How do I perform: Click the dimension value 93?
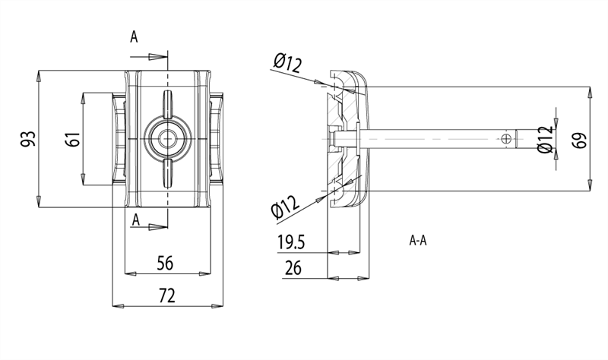coord(28,139)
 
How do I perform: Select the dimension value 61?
coord(73,140)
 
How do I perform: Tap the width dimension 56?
coord(165,263)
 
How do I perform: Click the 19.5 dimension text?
coord(292,242)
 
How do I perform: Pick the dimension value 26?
coord(293,267)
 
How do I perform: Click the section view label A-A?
coord(418,242)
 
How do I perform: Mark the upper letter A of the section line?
coord(135,36)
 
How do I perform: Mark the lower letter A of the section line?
coord(135,219)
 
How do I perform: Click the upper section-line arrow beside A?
coord(157,57)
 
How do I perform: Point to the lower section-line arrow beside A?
coord(157,226)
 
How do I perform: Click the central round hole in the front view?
coord(167,139)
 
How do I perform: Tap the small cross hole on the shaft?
coord(507,139)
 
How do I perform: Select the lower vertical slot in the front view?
coord(167,172)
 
